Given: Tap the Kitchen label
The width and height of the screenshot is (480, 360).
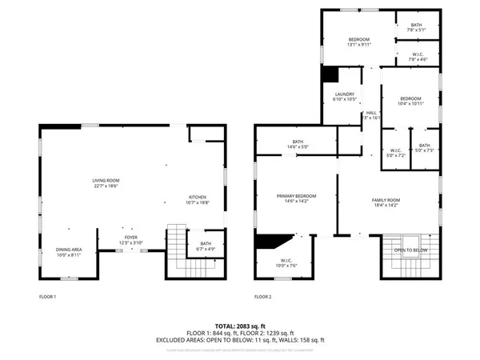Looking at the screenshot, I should [x=197, y=199].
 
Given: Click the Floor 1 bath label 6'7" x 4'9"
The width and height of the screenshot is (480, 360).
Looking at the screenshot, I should [x=206, y=246].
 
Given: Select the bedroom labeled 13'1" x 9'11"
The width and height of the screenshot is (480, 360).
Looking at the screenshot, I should [x=358, y=42].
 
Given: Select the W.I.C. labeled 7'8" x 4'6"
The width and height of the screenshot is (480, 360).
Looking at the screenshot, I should [x=418, y=57].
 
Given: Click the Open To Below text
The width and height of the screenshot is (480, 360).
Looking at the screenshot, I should [x=410, y=250].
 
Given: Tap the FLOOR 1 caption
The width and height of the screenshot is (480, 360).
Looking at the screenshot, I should [x=48, y=297].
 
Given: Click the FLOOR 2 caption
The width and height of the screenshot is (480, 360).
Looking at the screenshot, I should [x=262, y=297].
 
